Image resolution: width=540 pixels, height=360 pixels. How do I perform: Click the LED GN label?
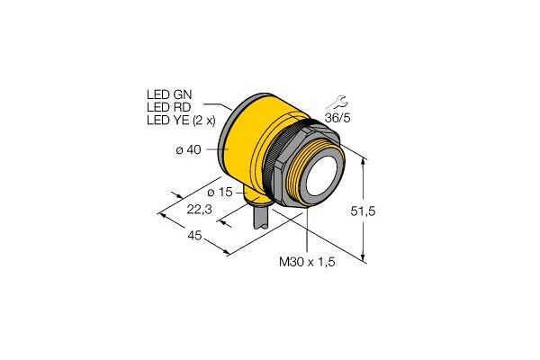click(x=169, y=94)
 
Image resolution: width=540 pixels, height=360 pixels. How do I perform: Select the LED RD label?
click(x=169, y=107)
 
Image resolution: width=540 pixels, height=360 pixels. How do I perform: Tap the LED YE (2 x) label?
click(x=181, y=120)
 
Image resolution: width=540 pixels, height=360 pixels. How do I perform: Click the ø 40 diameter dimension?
click(x=188, y=150)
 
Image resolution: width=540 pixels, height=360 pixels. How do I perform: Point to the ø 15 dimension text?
click(x=220, y=193)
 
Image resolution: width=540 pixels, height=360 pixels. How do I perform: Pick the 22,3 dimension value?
click(x=200, y=209)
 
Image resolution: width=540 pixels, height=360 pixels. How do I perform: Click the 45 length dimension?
click(x=194, y=236)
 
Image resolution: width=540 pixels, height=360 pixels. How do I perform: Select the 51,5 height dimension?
click(x=363, y=211)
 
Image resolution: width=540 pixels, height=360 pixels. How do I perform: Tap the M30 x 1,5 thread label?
click(x=307, y=262)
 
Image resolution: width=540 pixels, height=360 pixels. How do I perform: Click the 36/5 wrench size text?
click(x=337, y=118)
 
